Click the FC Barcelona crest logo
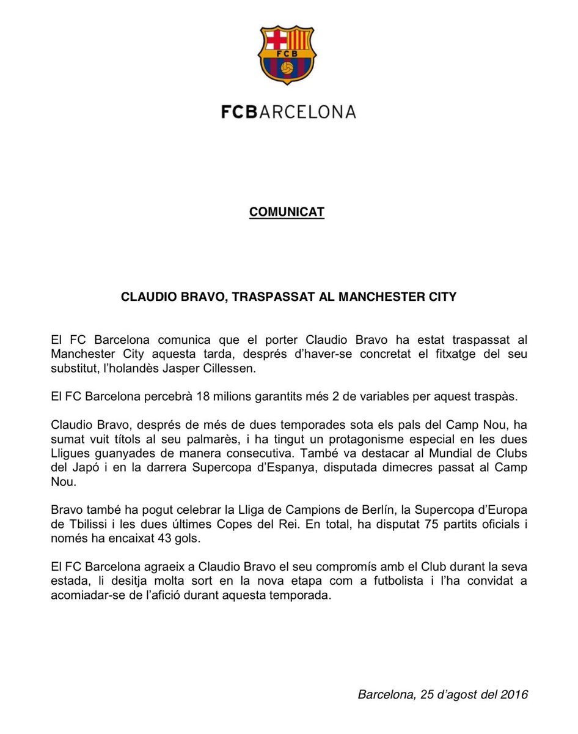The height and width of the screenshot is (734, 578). tap(288, 57)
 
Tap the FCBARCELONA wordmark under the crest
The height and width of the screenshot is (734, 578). tap(288, 112)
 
